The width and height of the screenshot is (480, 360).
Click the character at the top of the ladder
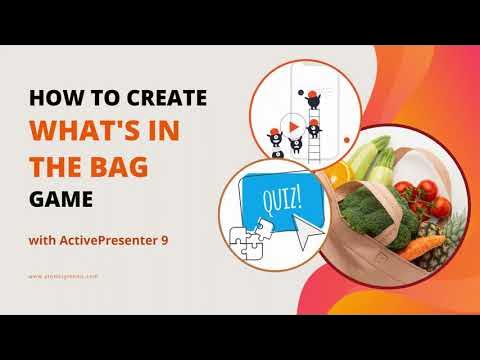(x=313, y=98)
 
